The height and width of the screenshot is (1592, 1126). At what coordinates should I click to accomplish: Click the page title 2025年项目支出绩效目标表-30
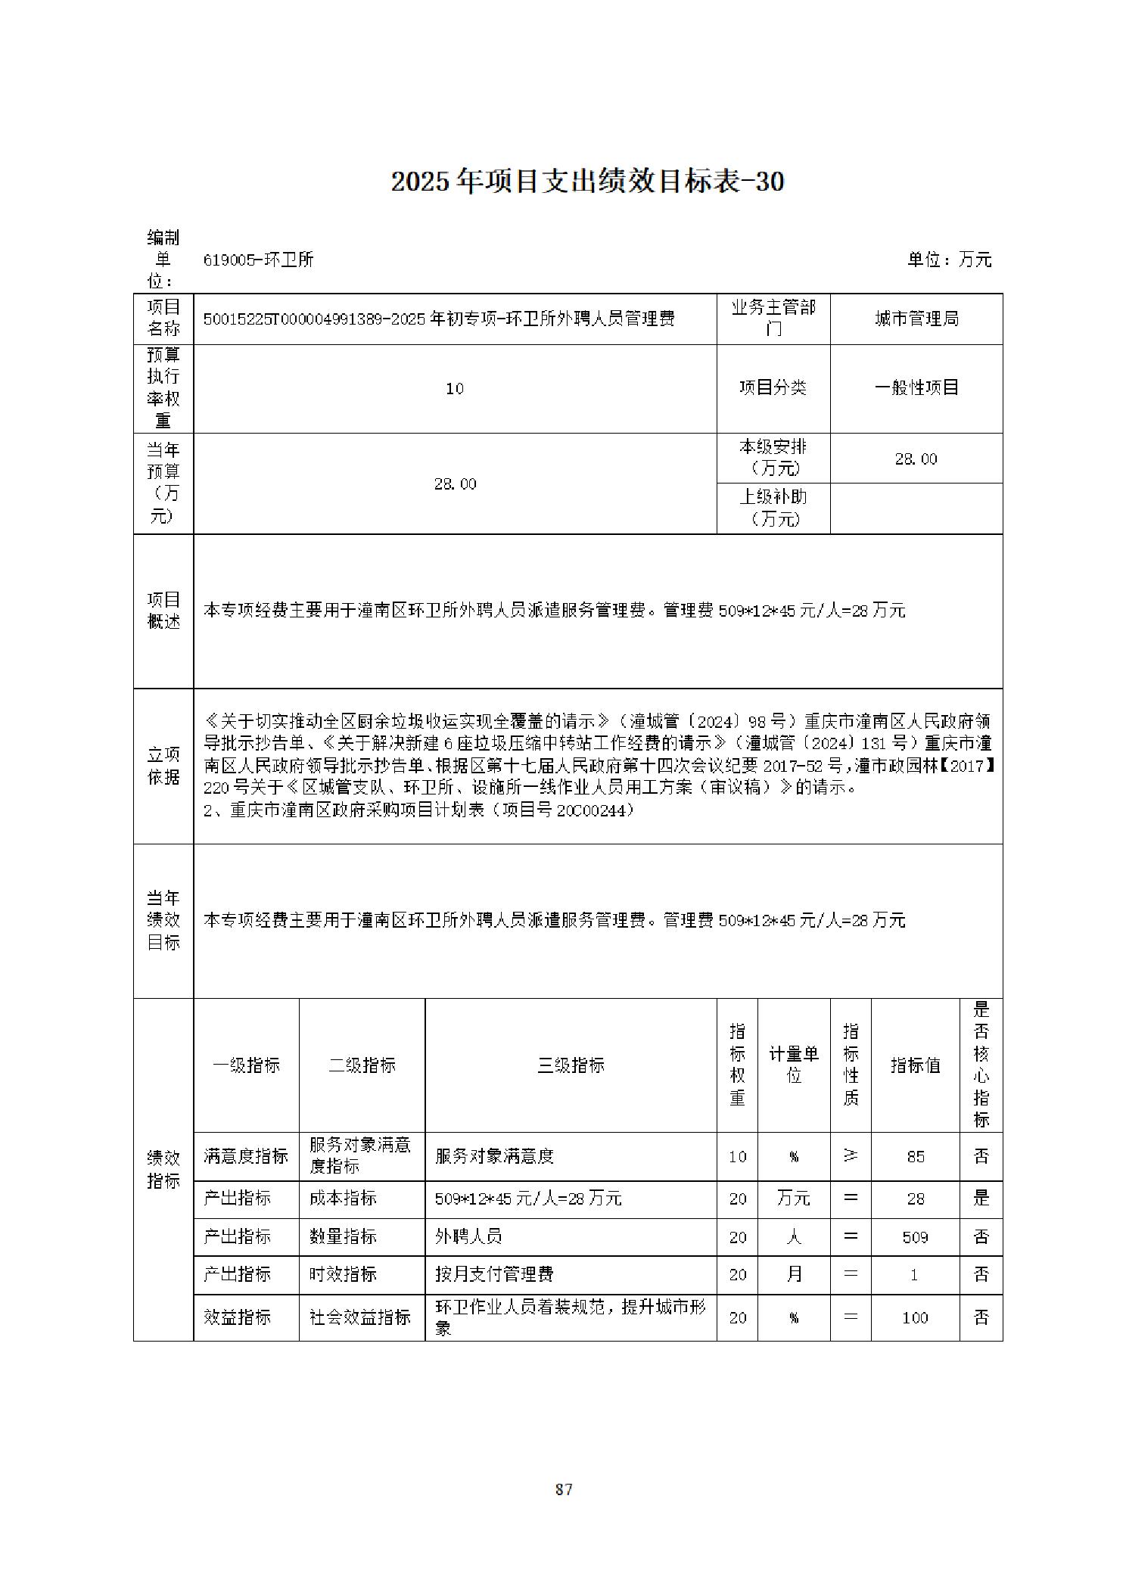coord(587,182)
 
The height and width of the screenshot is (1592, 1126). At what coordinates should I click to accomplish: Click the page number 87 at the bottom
coord(563,1489)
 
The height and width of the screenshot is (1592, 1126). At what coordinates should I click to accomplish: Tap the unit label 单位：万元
coord(949,260)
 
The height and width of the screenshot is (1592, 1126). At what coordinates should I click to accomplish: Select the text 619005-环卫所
coord(258,260)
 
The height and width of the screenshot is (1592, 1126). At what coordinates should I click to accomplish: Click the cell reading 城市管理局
coord(916,319)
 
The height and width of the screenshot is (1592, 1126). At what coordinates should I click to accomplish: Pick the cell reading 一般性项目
coord(916,387)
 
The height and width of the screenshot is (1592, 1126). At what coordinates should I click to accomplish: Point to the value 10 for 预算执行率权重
coord(454,388)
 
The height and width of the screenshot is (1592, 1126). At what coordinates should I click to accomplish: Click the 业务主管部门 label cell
coord(773,318)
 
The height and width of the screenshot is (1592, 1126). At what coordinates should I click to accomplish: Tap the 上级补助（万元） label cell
coord(773,507)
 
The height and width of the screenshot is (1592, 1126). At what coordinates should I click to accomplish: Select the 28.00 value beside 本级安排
coord(916,459)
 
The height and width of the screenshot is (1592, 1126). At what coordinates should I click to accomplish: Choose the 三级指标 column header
coord(571,1065)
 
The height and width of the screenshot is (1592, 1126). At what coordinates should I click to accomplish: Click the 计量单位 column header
coord(793,1064)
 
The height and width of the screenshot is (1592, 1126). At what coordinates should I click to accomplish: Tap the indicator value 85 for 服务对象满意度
coord(915,1156)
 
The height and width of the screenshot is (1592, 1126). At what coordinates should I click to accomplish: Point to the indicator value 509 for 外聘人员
coord(915,1237)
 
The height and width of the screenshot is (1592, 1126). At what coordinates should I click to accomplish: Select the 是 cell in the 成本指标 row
coord(981,1198)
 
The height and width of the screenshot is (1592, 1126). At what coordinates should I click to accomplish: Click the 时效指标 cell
coord(343,1274)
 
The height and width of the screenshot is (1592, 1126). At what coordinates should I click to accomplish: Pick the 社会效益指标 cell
coord(360,1317)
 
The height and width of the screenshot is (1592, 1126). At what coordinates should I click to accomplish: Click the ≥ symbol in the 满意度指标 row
coord(851,1155)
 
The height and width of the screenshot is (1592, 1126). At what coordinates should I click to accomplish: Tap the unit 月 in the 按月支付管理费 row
coord(793,1274)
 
